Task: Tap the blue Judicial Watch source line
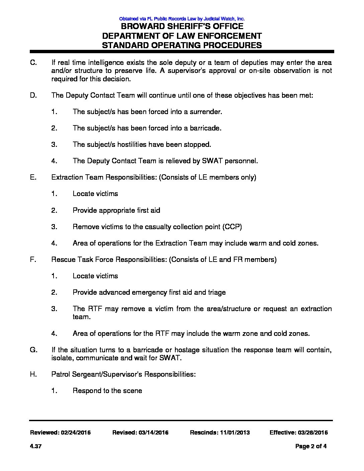click(x=182, y=19)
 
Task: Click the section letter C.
click(x=33, y=63)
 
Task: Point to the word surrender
click(x=206, y=112)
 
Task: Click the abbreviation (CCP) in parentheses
click(x=232, y=227)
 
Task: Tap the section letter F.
click(x=33, y=260)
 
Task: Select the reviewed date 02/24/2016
click(x=76, y=433)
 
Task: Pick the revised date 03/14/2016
click(x=153, y=433)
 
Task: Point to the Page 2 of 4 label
click(x=311, y=446)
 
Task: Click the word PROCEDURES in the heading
click(x=228, y=45)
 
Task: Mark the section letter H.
click(x=33, y=374)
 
